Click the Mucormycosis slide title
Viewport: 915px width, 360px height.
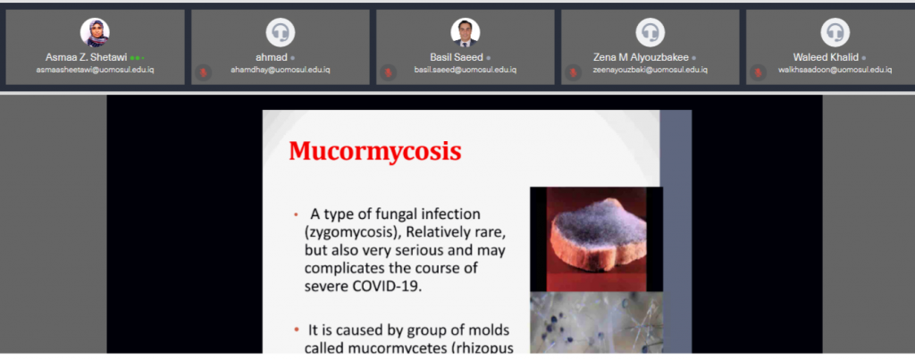375,151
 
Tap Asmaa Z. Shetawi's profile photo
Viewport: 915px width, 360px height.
95,32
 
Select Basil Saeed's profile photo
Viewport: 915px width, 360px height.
465,32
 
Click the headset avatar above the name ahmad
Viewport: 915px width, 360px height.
280,32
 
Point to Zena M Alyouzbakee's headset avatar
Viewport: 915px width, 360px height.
651,32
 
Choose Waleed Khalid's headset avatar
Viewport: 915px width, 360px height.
835,32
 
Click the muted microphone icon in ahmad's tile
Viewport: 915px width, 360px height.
203,72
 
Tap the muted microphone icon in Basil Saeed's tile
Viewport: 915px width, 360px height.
388,72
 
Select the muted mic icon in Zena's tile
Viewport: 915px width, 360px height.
573,72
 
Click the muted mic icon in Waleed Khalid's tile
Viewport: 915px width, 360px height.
758,72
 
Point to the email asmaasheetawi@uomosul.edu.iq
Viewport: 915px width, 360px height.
95,70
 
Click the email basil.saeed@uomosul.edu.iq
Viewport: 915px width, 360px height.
465,70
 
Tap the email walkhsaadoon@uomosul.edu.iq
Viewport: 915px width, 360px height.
835,70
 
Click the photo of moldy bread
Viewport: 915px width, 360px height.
596,239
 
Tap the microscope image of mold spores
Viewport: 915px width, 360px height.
596,322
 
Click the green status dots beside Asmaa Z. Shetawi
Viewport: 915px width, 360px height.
137,58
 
